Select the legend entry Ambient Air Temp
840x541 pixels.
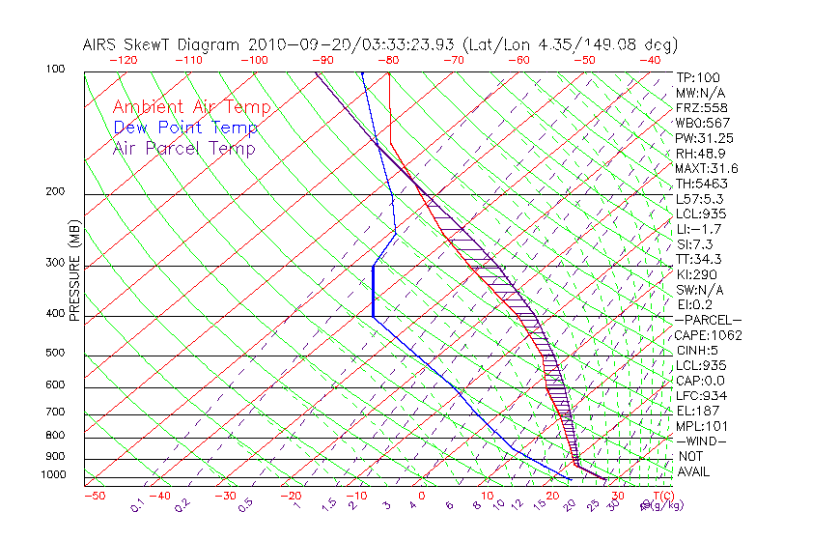click(191, 107)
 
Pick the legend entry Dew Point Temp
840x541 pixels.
click(185, 128)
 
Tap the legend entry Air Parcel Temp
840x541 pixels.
click(183, 148)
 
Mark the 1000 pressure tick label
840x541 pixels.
click(54, 475)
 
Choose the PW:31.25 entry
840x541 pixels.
click(704, 138)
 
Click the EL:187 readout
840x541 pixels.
click(697, 411)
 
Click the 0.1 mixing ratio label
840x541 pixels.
click(137, 504)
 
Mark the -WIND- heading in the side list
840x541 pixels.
click(701, 441)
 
